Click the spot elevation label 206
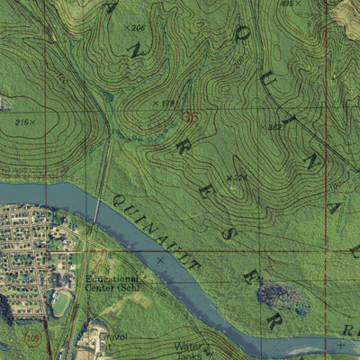(136, 29)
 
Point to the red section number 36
(190, 117)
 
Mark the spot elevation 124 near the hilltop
(238, 177)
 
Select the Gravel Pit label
(113, 341)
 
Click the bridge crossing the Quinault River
(96, 209)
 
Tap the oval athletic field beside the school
(61, 304)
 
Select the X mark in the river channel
(160, 259)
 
